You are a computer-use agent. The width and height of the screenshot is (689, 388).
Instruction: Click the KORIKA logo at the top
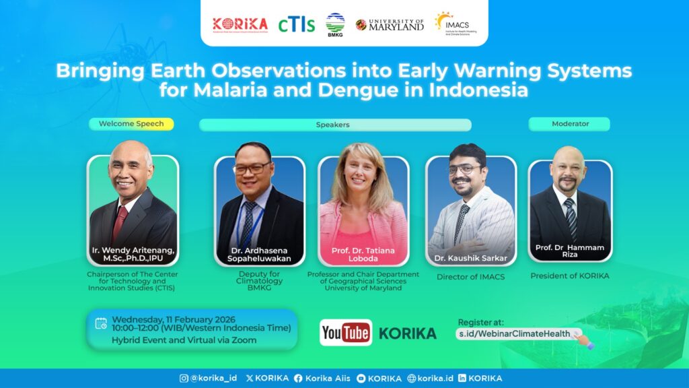click(240, 24)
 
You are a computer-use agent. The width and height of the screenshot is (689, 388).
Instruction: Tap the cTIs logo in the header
click(297, 24)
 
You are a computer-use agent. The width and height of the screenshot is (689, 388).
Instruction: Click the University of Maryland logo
click(390, 24)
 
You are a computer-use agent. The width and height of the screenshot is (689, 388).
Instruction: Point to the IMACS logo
click(453, 24)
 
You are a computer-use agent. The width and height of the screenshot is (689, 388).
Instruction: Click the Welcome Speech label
click(131, 124)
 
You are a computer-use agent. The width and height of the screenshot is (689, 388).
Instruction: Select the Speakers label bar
click(334, 125)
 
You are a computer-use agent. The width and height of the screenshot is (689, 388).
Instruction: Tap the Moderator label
click(569, 124)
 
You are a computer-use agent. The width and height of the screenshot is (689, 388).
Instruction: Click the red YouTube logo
click(346, 333)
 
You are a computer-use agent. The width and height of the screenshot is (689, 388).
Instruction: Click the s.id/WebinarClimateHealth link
click(515, 333)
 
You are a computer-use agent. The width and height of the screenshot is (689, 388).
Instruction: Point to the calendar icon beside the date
click(101, 324)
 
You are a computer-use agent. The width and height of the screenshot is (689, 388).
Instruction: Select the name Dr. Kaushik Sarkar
click(470, 259)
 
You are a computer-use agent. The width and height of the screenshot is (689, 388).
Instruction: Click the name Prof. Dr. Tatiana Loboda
click(363, 254)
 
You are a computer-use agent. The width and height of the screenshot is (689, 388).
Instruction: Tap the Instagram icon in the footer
click(184, 379)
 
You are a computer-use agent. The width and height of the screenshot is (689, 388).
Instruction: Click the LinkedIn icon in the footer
click(462, 379)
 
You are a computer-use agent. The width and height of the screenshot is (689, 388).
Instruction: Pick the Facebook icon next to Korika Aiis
click(298, 379)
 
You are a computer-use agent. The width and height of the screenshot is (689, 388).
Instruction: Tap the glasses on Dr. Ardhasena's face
click(252, 167)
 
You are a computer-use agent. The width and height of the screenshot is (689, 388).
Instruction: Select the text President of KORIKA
click(569, 276)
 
